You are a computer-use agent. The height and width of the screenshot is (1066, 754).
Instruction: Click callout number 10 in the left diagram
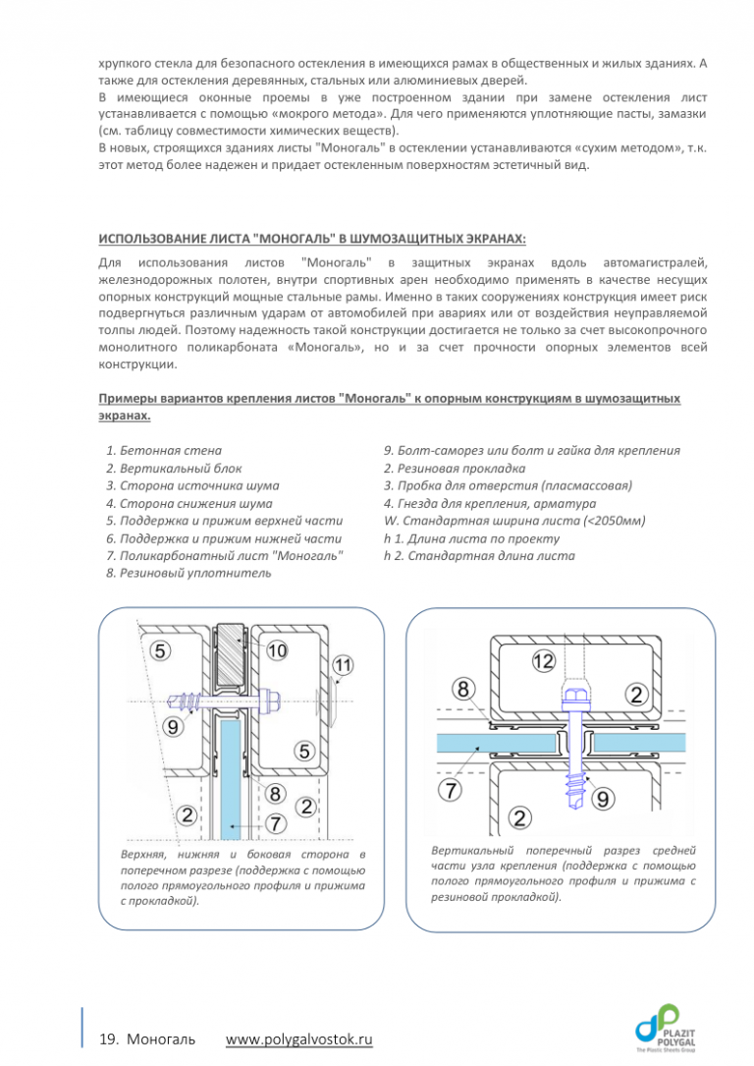coord(277,650)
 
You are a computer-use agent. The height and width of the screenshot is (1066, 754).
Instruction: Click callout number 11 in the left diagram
coord(342,665)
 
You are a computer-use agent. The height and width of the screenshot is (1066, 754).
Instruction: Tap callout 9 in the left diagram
coord(172,727)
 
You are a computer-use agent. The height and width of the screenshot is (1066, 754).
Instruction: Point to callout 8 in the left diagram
coord(277,792)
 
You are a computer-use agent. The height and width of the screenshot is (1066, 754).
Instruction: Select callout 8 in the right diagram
coord(465,686)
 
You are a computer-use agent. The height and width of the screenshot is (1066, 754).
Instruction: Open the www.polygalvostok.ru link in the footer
coord(299,1039)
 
